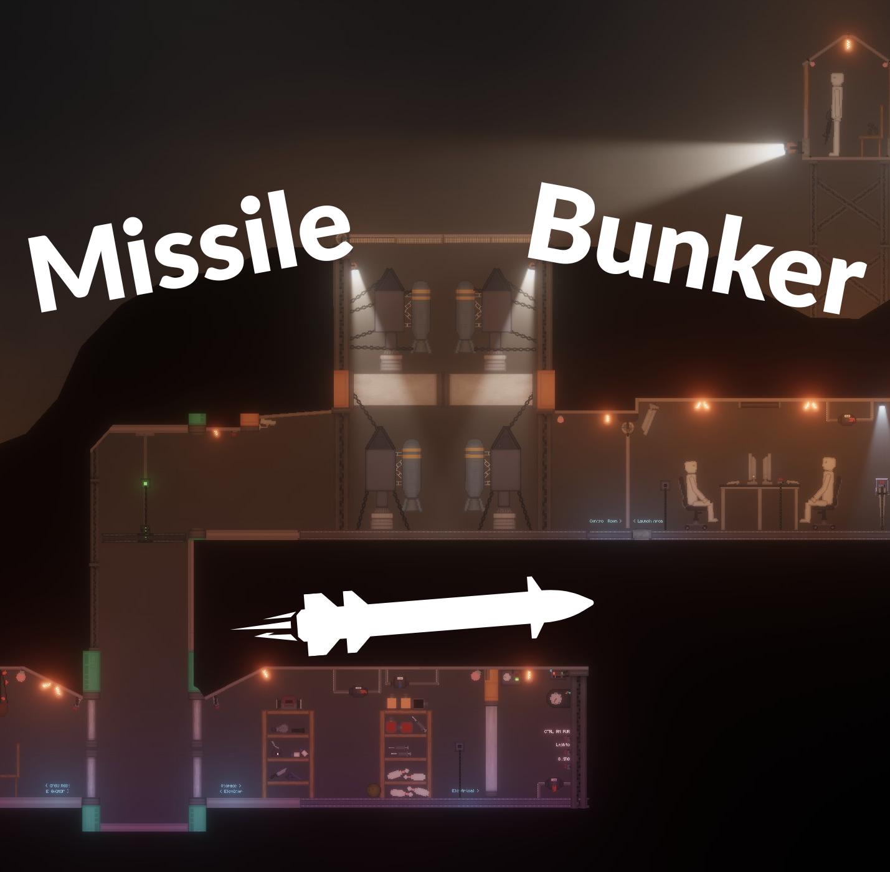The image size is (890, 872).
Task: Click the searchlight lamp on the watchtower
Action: pyautogui.click(x=792, y=148)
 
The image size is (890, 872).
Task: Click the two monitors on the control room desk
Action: pyautogui.click(x=759, y=467)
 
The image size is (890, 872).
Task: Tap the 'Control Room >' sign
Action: pyautogui.click(x=605, y=521)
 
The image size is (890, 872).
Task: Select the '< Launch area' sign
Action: pyautogui.click(x=648, y=521)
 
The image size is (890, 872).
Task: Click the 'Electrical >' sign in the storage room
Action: pyautogui.click(x=465, y=790)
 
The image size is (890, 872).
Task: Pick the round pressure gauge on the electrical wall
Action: pyautogui.click(x=554, y=698)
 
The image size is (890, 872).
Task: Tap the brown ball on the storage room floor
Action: pyautogui.click(x=373, y=790)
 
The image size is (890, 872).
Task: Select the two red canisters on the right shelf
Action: pyautogui.click(x=399, y=726)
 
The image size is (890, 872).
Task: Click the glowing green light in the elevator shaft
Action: pyautogui.click(x=145, y=483)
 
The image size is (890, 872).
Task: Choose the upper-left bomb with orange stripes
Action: pyautogui.click(x=421, y=315)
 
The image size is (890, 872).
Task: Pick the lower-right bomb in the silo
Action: pyautogui.click(x=474, y=473)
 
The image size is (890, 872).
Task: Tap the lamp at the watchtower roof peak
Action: pyautogui.click(x=847, y=44)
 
